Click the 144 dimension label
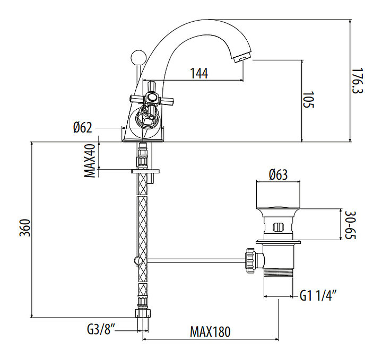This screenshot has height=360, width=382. pos(198,73)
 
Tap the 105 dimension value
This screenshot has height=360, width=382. pos(308,100)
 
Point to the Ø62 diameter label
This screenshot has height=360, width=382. pos(83,127)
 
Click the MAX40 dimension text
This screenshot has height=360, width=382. pos(91,161)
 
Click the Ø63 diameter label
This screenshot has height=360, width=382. pos(278,174)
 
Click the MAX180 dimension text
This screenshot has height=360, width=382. pos(211,332)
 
